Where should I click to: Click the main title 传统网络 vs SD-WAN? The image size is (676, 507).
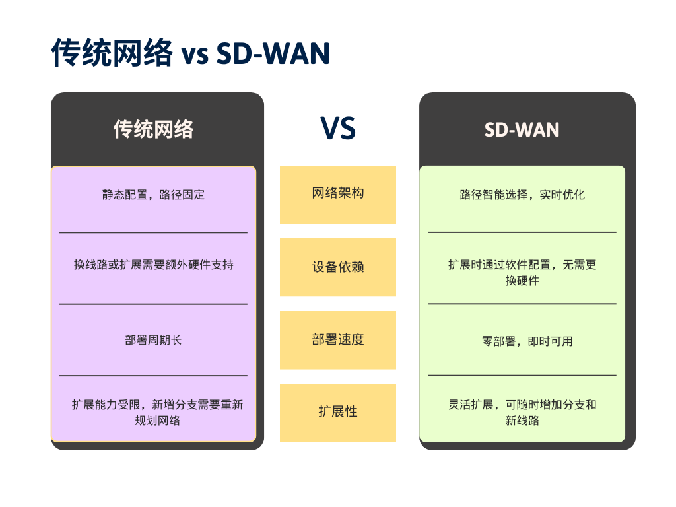(190, 53)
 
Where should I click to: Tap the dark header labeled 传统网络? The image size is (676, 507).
(153, 129)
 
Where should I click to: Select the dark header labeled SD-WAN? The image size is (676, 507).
(522, 129)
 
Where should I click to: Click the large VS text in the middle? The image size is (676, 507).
(337, 128)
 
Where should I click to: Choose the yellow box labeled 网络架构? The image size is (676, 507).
(337, 194)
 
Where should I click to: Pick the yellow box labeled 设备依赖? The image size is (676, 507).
(337, 267)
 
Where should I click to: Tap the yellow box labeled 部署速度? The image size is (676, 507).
(337, 339)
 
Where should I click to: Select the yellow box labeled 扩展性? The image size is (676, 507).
(337, 412)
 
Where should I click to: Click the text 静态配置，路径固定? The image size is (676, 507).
(153, 195)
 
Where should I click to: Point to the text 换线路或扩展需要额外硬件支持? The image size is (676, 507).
(153, 265)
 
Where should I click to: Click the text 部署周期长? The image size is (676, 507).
(153, 340)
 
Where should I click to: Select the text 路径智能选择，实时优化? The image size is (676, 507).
(522, 195)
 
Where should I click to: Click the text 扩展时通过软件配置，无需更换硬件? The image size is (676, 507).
(522, 272)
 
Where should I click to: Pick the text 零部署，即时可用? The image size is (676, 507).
(527, 341)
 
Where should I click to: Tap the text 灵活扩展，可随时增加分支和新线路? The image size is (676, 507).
(522, 412)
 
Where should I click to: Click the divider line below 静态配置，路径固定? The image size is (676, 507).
(153, 232)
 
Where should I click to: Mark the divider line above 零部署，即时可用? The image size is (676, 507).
(522, 304)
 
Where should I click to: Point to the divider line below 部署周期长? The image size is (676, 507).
(153, 376)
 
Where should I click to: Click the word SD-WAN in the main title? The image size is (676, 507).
(273, 54)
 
